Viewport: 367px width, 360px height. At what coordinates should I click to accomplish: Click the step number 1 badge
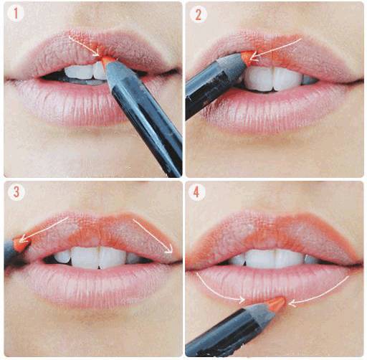[x=16, y=14]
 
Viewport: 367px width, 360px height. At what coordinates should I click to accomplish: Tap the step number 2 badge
[x=198, y=15]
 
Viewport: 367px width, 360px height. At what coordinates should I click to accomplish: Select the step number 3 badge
[x=16, y=192]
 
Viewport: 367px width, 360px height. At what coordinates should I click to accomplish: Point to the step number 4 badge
[x=196, y=192]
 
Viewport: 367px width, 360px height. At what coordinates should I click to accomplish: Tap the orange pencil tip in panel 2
[x=248, y=57]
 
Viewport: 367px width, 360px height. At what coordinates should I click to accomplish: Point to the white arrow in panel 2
[x=275, y=49]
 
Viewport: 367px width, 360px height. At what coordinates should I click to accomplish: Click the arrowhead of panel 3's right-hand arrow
[x=169, y=249]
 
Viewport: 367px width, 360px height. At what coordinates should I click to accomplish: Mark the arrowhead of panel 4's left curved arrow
[x=242, y=299]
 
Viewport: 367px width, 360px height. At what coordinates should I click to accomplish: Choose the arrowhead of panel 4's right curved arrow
[x=292, y=304]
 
